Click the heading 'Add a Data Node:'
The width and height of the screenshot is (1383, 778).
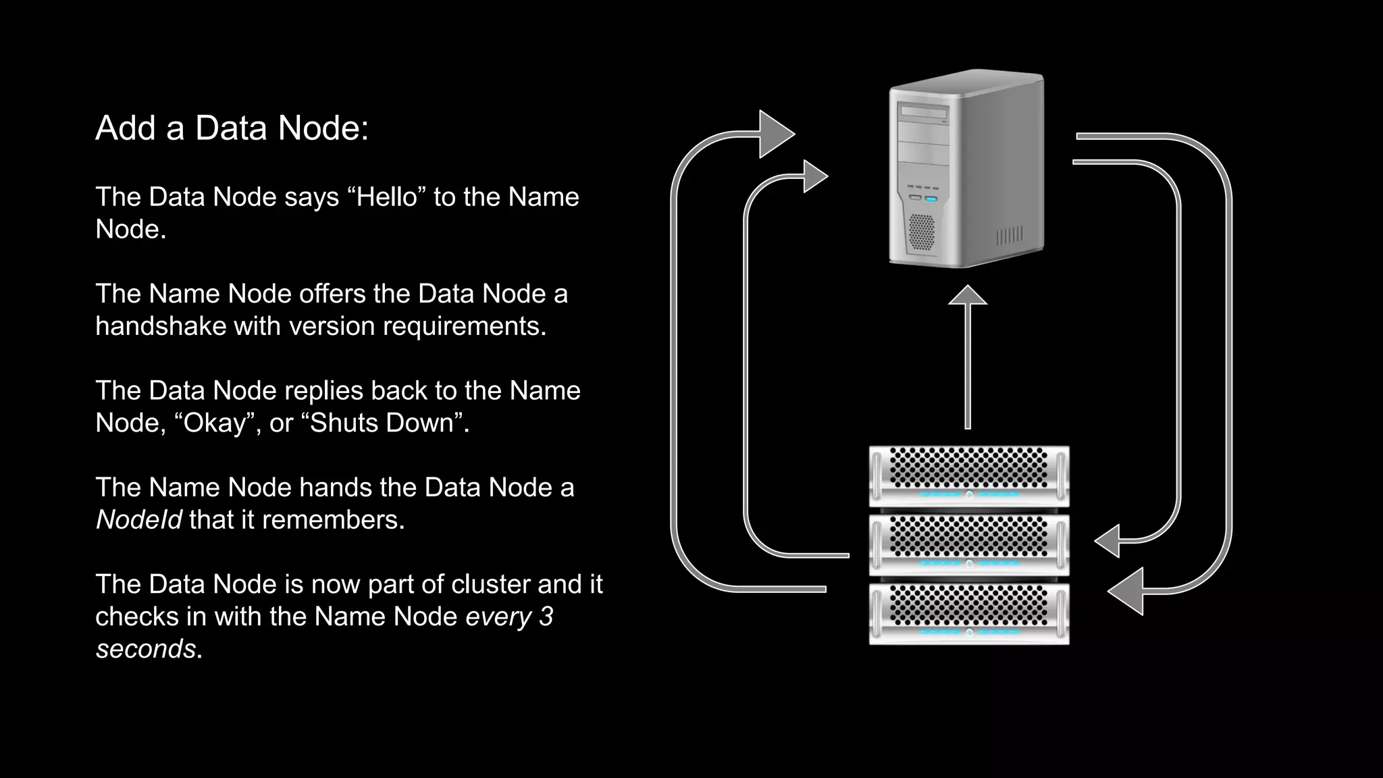click(232, 128)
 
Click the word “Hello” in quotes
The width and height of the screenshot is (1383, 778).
click(386, 197)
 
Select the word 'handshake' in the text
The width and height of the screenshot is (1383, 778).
click(161, 326)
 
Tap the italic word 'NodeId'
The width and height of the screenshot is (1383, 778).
click(138, 520)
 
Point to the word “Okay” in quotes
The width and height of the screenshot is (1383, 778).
click(217, 423)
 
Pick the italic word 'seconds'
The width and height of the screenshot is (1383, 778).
click(145, 649)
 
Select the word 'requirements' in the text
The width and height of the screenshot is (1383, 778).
click(464, 326)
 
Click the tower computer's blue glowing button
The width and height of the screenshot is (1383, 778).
click(931, 199)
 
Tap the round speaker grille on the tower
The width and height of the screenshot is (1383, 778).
click(921, 231)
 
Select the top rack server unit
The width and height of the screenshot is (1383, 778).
click(968, 475)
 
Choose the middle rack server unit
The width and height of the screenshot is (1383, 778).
click(968, 544)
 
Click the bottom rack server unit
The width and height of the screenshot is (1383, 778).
click(968, 613)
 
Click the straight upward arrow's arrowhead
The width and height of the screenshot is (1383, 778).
click(968, 296)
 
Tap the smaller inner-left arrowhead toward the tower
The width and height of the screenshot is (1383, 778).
click(814, 176)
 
